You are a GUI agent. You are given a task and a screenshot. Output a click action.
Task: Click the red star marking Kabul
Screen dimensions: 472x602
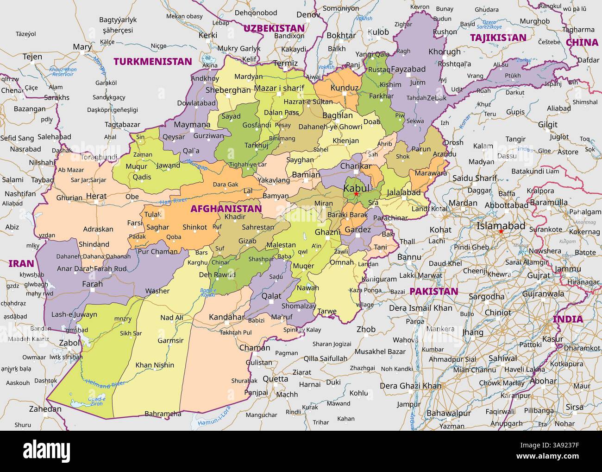pyautogui.click(x=356, y=194)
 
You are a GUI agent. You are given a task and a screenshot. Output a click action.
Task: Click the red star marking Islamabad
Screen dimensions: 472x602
pyautogui.click(x=501, y=231)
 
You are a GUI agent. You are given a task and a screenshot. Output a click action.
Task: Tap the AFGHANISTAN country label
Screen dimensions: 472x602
pyautogui.click(x=226, y=209)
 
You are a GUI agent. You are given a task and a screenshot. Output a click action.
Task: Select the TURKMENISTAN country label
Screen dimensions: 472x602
pyautogui.click(x=153, y=61)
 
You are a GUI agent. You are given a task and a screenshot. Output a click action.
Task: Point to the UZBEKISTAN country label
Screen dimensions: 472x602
pyautogui.click(x=274, y=28)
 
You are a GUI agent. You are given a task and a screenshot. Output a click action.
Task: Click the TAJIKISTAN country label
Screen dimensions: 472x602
pyautogui.click(x=498, y=38)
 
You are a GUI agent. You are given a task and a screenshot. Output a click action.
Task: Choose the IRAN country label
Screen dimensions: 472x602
pyautogui.click(x=21, y=263)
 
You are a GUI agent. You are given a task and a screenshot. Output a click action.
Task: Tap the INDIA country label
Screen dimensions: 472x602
pyautogui.click(x=568, y=319)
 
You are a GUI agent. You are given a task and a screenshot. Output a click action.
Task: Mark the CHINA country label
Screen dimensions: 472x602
pyautogui.click(x=582, y=42)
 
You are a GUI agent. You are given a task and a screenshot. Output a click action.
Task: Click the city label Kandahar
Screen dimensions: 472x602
pyautogui.click(x=226, y=317)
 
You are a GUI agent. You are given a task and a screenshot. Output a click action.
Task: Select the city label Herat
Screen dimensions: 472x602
pyautogui.click(x=96, y=196)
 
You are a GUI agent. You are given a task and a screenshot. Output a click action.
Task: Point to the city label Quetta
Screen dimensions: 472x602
pyautogui.click(x=276, y=378)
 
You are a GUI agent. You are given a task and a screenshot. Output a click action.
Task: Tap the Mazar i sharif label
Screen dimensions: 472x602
pyautogui.click(x=279, y=88)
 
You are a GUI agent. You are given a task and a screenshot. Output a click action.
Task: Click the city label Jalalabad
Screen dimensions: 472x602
pyautogui.click(x=403, y=192)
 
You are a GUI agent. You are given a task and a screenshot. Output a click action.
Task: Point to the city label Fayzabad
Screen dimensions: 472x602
pyautogui.click(x=408, y=69)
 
